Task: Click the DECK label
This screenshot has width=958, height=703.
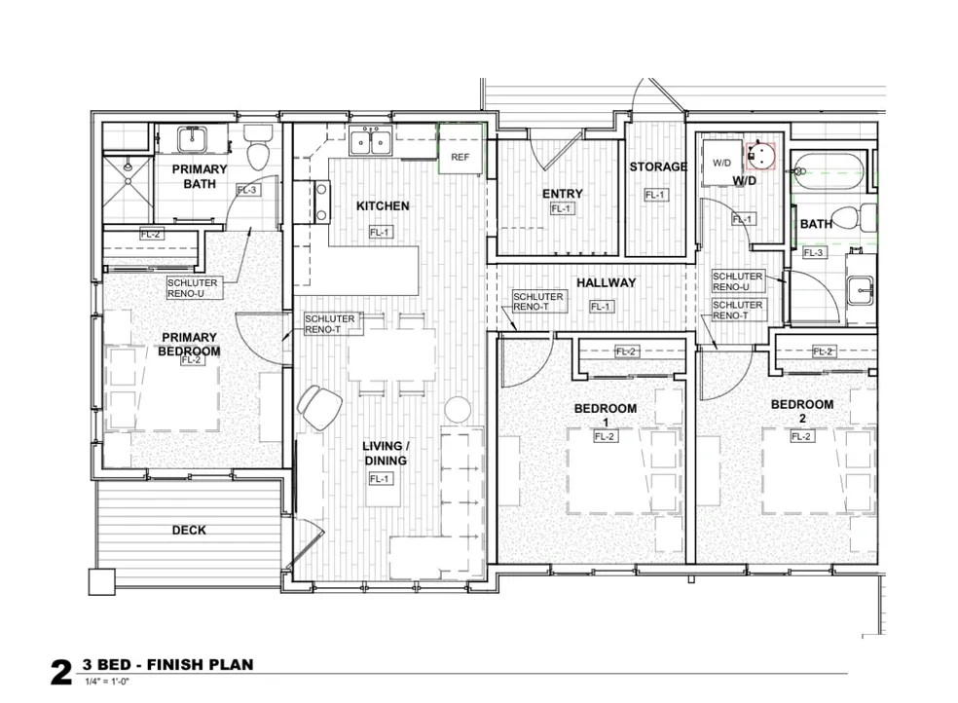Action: (x=189, y=530)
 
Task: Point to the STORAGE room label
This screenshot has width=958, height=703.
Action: (x=658, y=166)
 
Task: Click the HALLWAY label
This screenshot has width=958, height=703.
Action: (x=607, y=282)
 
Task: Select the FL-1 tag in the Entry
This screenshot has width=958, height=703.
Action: (x=562, y=209)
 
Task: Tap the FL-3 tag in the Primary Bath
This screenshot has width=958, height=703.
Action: (x=247, y=190)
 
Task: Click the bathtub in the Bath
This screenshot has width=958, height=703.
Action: (x=829, y=169)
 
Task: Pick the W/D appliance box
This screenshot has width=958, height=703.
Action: (x=722, y=163)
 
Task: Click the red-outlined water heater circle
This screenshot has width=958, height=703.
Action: (x=760, y=155)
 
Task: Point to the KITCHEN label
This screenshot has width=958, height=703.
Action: (x=383, y=206)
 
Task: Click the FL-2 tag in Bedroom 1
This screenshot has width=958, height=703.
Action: (x=604, y=437)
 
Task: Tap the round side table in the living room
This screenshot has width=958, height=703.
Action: (x=457, y=409)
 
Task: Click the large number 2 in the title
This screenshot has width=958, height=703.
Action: (x=61, y=672)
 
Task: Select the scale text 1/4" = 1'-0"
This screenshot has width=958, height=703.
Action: (x=107, y=682)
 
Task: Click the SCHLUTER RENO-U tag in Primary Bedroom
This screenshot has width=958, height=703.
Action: (x=193, y=288)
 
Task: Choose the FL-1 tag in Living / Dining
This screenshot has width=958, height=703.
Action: (x=380, y=479)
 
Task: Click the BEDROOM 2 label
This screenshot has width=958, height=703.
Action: (x=801, y=411)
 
